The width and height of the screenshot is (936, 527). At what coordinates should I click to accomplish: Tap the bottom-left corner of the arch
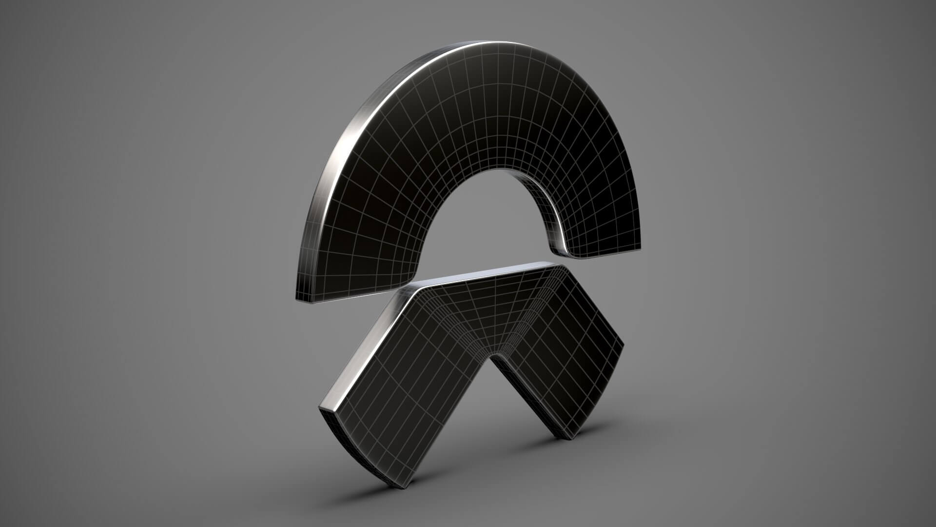pyautogui.click(x=297, y=299)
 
